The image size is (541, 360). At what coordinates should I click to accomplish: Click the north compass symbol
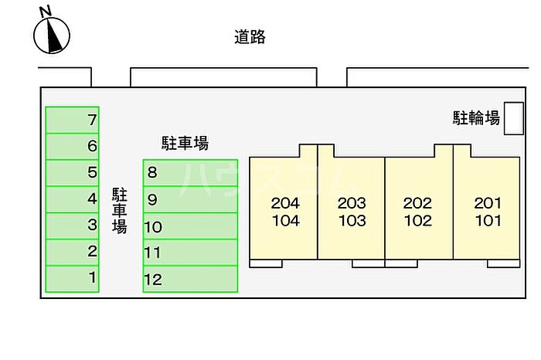coord(52,36)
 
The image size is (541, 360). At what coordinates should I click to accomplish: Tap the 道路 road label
coord(250,37)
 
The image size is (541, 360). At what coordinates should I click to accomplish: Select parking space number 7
coord(72,120)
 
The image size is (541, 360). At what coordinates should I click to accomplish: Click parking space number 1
coord(72,279)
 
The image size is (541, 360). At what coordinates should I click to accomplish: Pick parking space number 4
coord(72,199)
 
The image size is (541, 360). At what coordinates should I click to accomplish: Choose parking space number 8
coord(190,173)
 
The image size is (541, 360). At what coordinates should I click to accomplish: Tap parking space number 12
coord(190,279)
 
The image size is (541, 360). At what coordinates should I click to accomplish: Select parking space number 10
coord(190,226)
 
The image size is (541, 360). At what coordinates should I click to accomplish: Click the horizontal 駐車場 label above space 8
coord(185,143)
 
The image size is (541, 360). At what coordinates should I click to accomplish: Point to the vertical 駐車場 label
coord(119,211)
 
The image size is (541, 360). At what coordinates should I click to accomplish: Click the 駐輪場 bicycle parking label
coord(476,118)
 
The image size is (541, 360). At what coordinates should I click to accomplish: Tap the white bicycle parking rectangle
coord(514,118)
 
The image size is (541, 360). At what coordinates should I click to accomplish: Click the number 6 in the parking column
coord(92,146)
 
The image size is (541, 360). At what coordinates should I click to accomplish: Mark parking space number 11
coord(190,253)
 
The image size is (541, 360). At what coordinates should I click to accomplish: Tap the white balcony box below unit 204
coord(266,263)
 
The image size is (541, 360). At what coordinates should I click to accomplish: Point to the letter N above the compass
coord(45,12)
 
